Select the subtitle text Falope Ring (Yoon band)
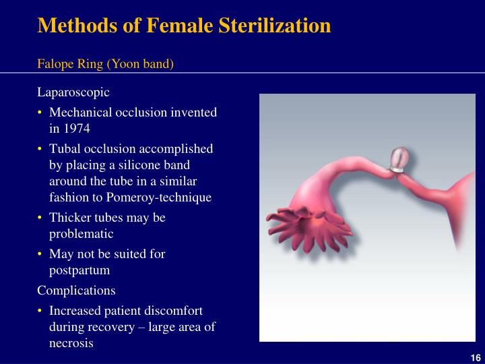105,64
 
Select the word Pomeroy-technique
168,198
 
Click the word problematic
81,234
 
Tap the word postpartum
79,270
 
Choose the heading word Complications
76,291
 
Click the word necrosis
71,342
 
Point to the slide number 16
474,357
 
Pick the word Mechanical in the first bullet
79,112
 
